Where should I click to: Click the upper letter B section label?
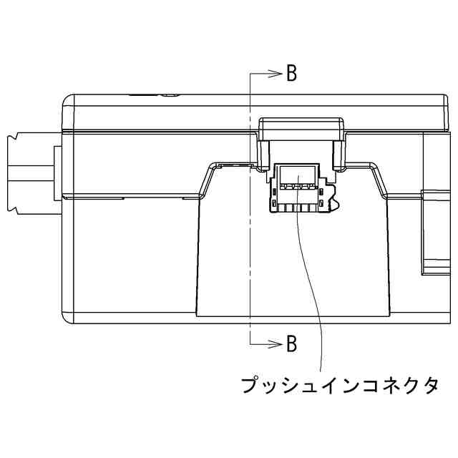pos(291,74)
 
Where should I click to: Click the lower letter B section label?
pos(291,344)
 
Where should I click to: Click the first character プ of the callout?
pos(250,386)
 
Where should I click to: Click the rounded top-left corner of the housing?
pos(68,100)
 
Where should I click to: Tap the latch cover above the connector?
pos(301,129)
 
